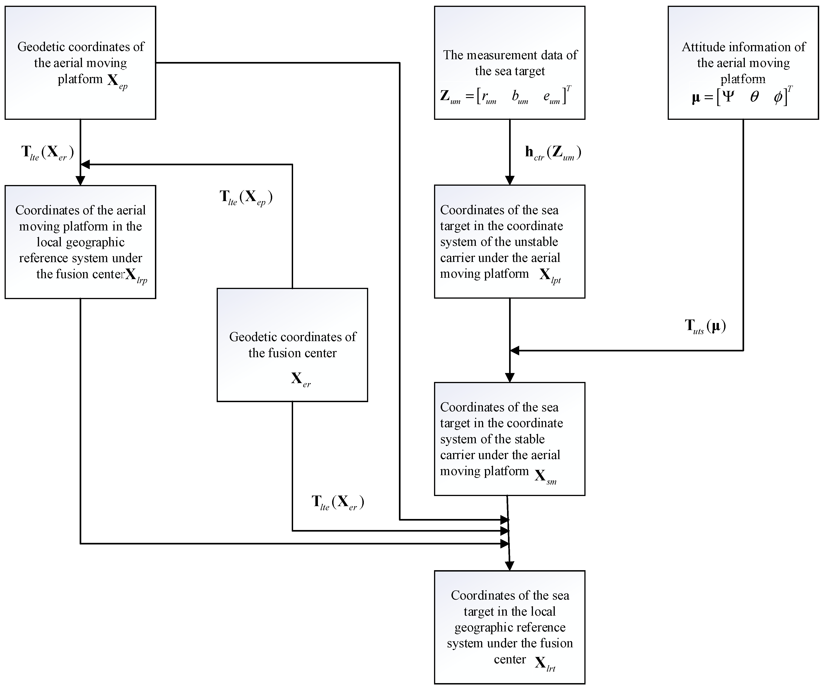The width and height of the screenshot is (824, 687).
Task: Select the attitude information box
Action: tap(743, 63)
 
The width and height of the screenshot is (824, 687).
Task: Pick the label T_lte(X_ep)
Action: tap(246, 197)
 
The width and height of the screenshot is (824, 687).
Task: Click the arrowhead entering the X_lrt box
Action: tap(509, 565)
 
